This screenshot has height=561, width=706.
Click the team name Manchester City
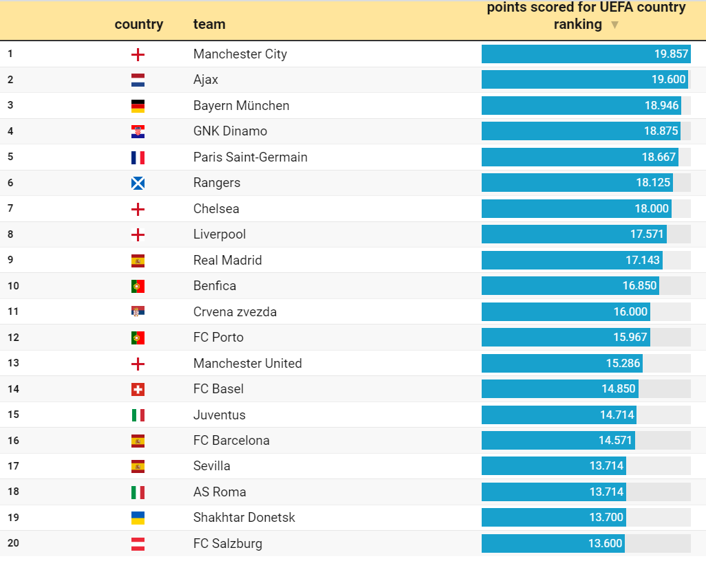click(239, 54)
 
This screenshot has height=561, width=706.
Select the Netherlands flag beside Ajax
click(138, 80)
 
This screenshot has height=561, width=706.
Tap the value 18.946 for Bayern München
click(661, 106)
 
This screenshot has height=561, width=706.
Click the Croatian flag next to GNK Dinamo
click(138, 132)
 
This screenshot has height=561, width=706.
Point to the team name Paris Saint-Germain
click(250, 157)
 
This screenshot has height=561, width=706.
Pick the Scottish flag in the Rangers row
click(138, 184)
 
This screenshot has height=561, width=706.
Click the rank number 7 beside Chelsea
click(10, 208)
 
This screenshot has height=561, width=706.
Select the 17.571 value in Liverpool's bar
click(647, 234)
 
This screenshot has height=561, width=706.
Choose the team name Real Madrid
click(227, 261)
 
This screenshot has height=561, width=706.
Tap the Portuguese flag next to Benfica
click(138, 287)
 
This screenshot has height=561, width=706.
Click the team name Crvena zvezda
click(235, 312)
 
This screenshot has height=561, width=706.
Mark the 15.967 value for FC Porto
click(630, 338)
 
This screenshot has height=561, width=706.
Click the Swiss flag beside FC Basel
click(138, 390)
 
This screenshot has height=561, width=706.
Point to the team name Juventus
click(219, 415)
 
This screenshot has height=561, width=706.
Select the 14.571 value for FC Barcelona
click(616, 441)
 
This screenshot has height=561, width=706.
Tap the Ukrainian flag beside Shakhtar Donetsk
click(138, 518)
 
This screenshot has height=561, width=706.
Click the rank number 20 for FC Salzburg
click(13, 543)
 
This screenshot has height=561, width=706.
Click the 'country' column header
click(139, 25)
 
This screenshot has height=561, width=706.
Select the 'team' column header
click(209, 25)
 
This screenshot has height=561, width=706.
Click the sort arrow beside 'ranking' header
click(614, 25)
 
